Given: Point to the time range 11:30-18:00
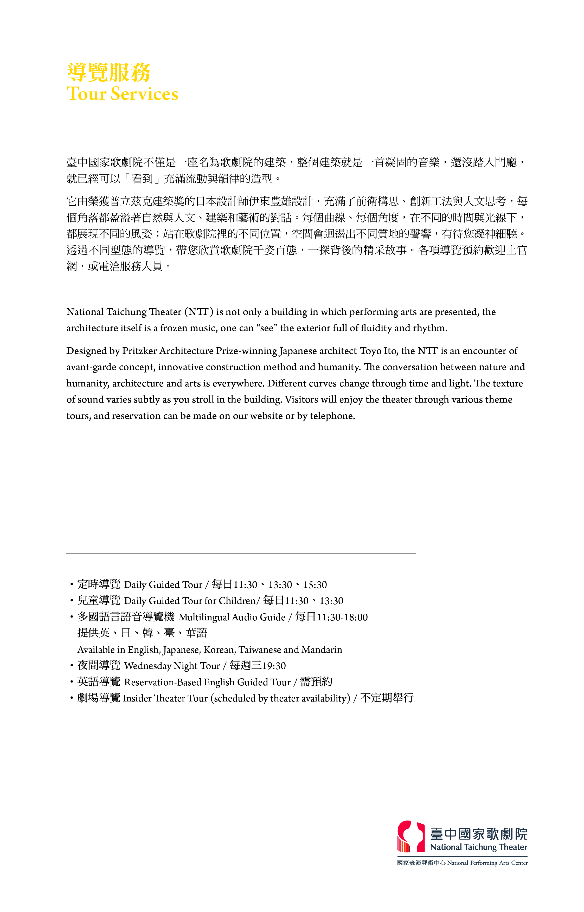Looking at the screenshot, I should [x=342, y=617].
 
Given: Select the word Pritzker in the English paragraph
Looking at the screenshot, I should [x=139, y=351].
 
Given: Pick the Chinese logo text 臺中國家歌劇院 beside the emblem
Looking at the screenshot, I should [x=479, y=834].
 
